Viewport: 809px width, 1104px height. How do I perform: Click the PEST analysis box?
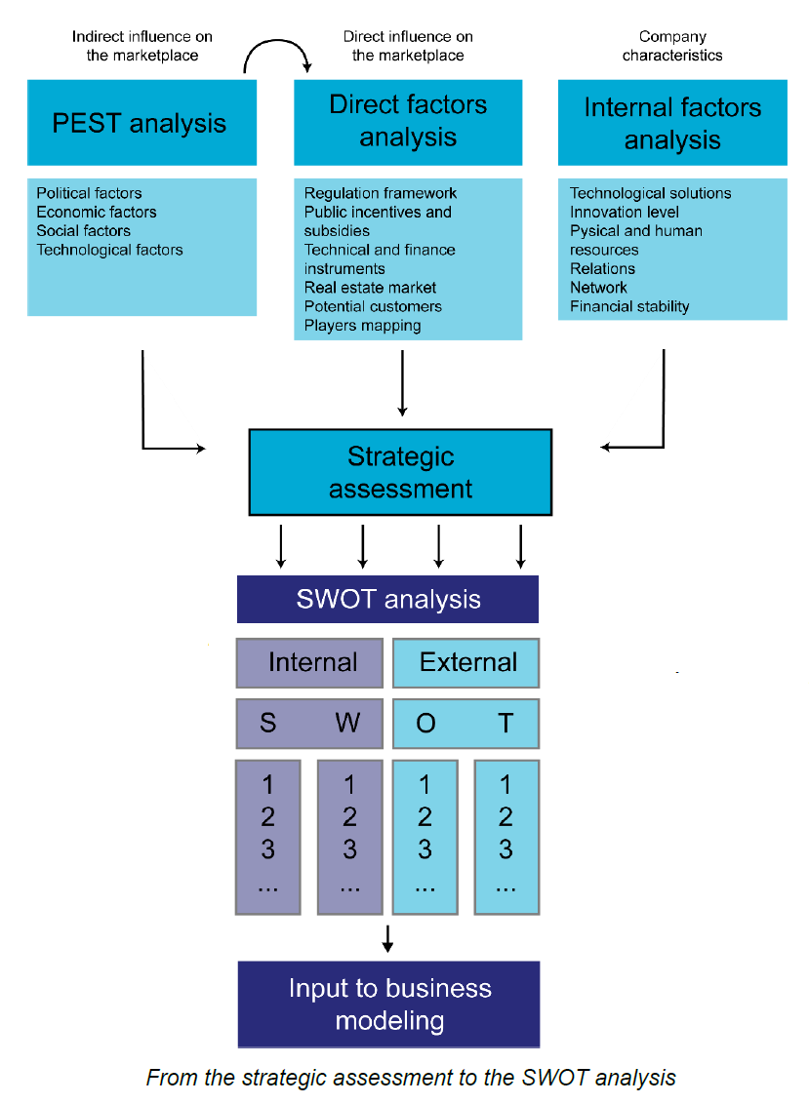(x=142, y=123)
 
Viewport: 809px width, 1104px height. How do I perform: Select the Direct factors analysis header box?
(x=408, y=122)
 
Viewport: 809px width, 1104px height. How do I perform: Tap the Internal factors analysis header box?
(x=672, y=123)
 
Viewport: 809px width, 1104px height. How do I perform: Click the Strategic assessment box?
(x=400, y=472)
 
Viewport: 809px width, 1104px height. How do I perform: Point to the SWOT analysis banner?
(x=387, y=598)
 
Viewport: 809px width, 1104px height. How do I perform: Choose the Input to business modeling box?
(x=388, y=1004)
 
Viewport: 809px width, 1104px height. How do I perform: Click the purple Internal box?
(x=309, y=662)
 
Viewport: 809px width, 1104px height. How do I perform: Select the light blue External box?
(x=465, y=662)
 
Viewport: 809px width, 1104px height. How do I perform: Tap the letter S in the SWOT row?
(x=267, y=723)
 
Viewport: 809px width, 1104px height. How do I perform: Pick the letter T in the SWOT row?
(x=505, y=723)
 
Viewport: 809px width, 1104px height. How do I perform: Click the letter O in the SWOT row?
(x=425, y=723)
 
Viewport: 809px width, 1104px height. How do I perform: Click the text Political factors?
(x=89, y=193)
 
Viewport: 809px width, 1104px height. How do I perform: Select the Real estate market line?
(x=370, y=288)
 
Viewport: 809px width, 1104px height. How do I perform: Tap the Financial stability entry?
(x=629, y=306)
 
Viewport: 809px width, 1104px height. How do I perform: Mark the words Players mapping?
(x=362, y=325)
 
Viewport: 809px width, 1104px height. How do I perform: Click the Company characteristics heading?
(x=672, y=46)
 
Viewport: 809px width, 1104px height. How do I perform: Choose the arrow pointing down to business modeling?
(x=387, y=938)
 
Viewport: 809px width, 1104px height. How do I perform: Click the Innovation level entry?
(x=625, y=212)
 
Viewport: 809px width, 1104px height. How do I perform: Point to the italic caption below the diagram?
(x=410, y=1078)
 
